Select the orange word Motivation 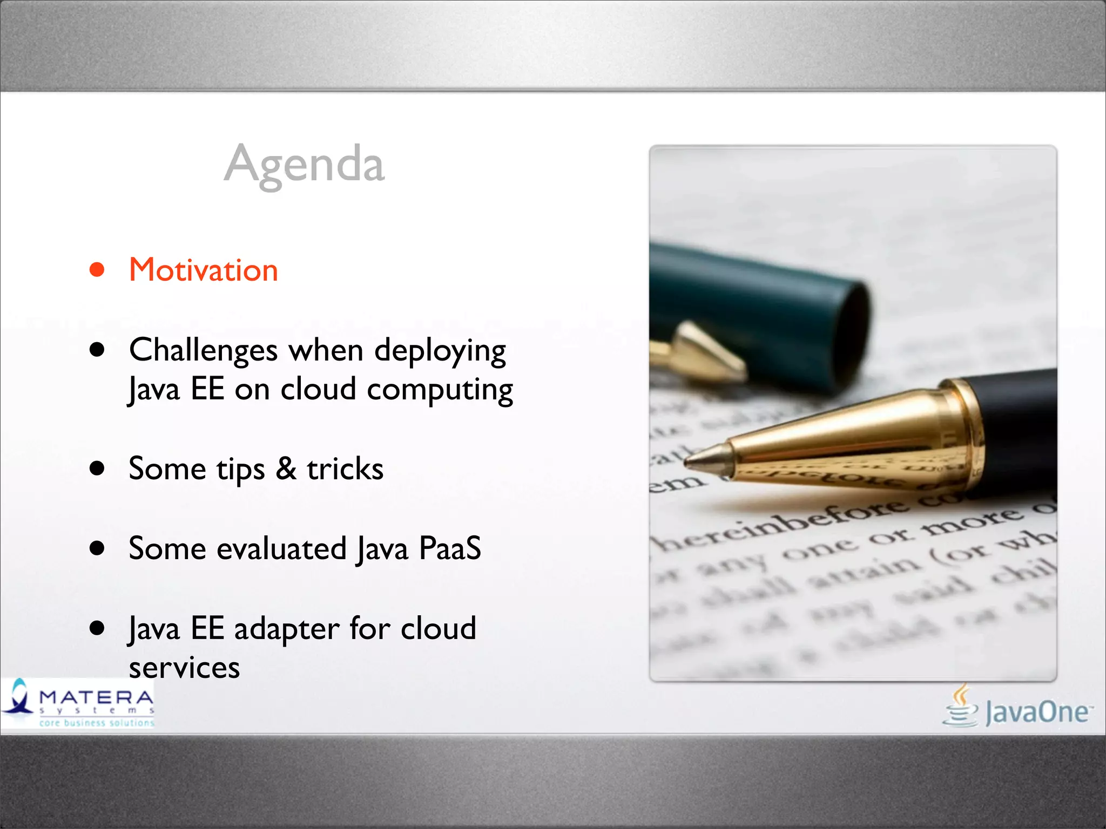[204, 270]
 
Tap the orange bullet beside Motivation [97, 269]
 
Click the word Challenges [204, 350]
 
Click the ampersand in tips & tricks [286, 468]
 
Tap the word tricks [345, 468]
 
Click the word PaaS [449, 548]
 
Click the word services [184, 668]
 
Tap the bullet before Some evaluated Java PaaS [97, 548]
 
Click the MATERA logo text [96, 697]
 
